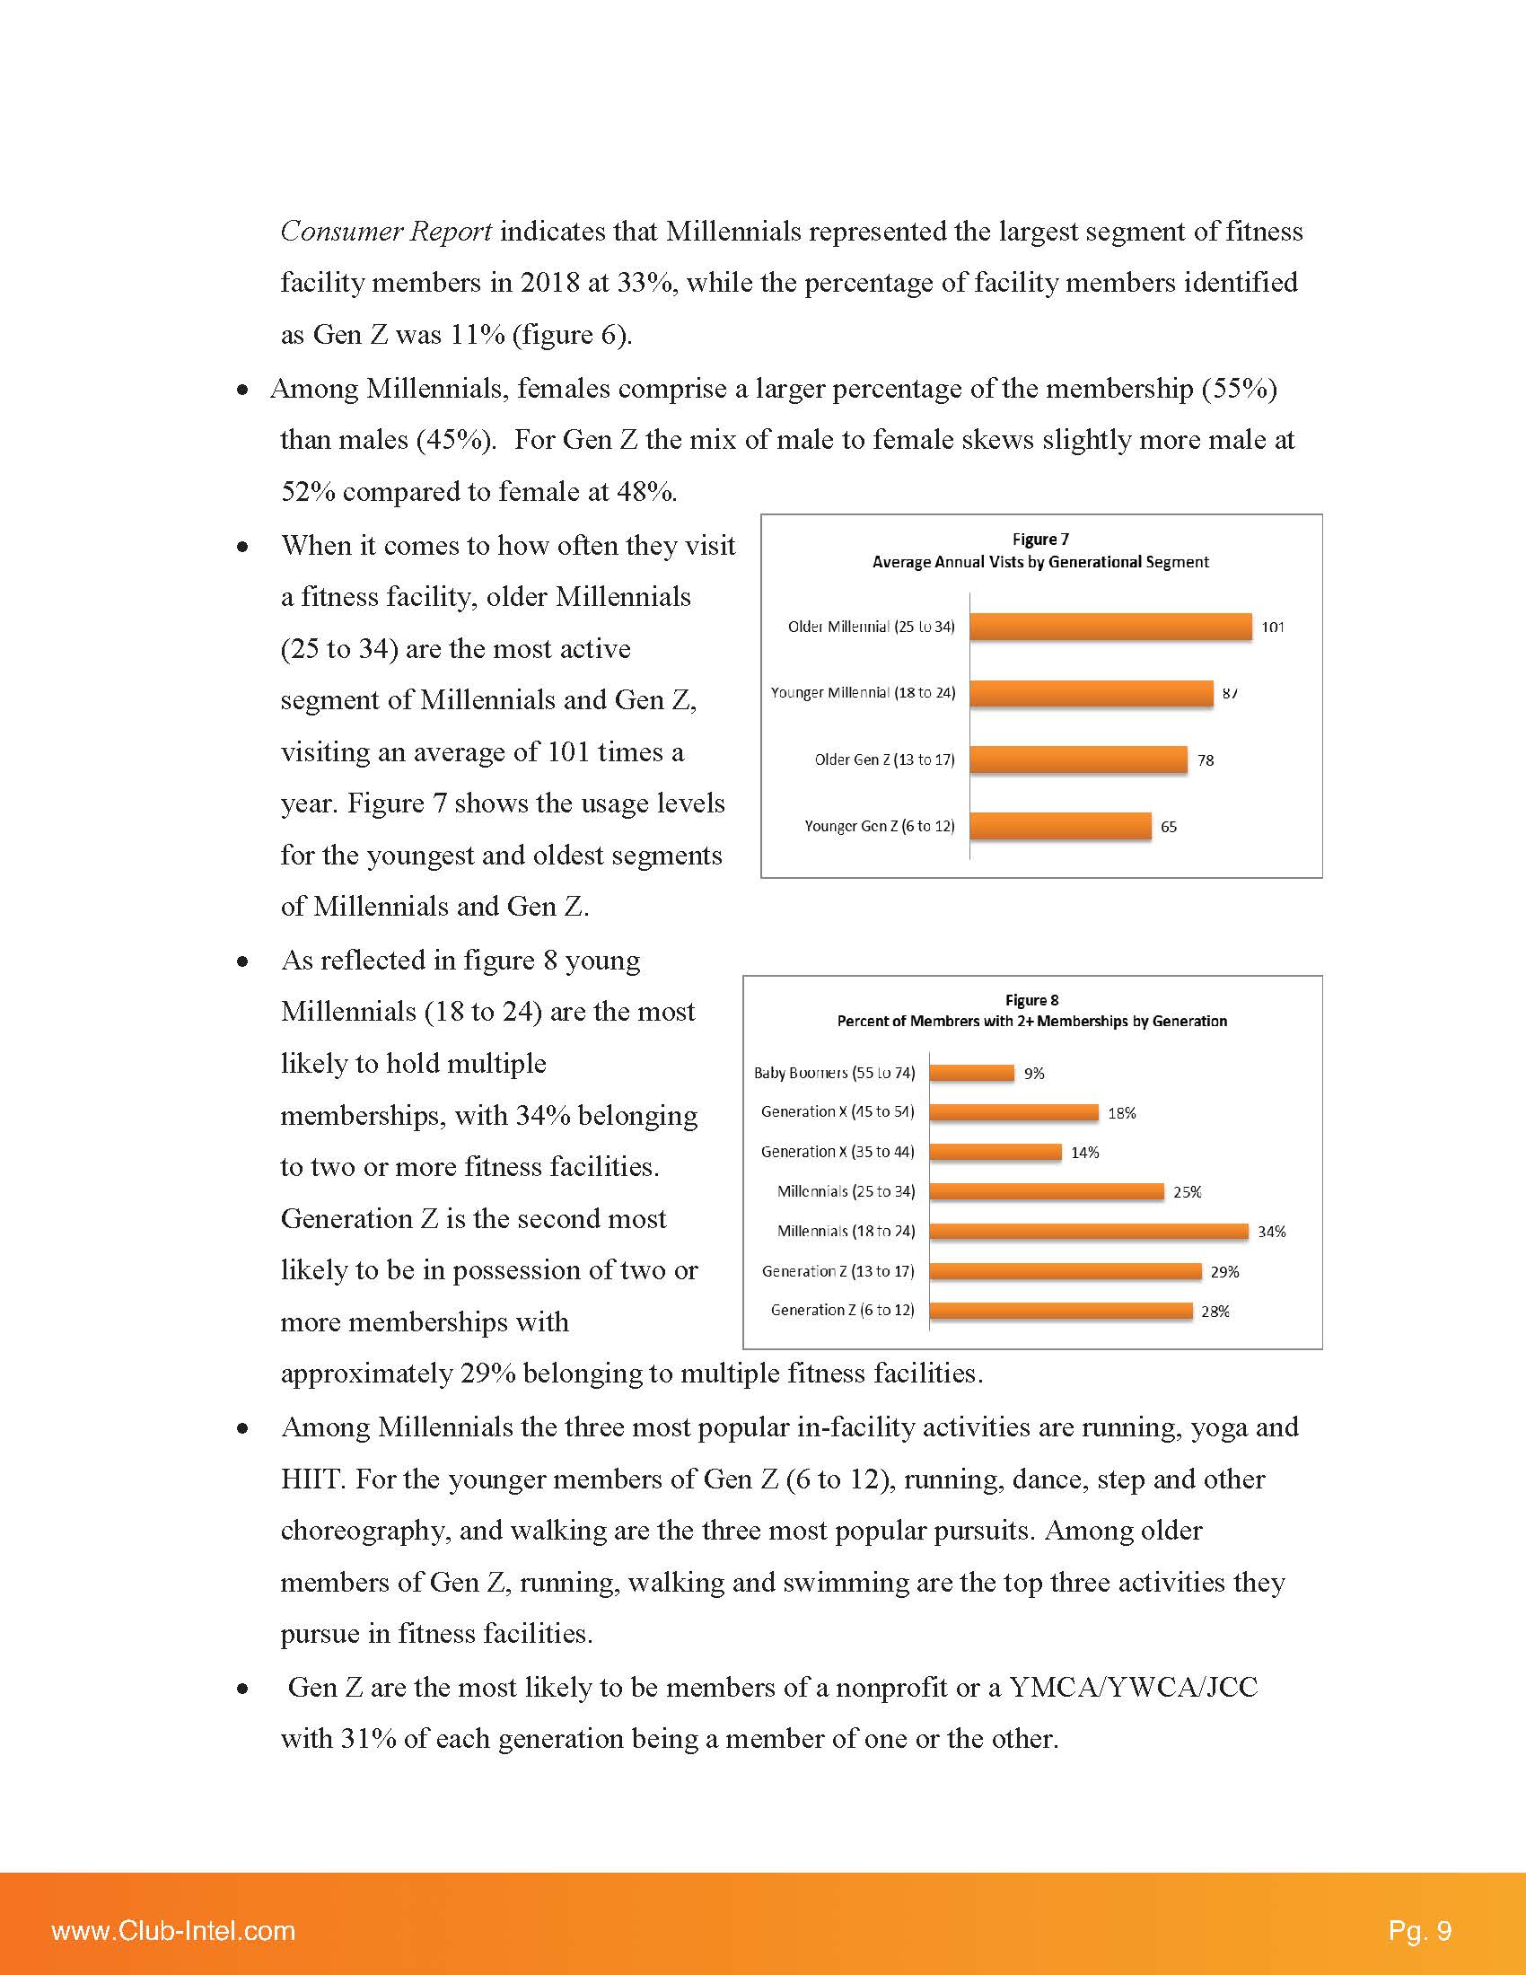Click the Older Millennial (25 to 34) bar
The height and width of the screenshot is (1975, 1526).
[1110, 627]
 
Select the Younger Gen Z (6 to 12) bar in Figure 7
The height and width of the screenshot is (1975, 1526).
[1060, 826]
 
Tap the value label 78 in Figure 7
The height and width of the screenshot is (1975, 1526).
[1205, 760]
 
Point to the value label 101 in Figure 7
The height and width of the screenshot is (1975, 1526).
[1273, 628]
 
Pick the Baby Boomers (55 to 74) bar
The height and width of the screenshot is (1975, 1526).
[972, 1073]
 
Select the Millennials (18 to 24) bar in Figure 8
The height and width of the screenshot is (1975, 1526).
[1089, 1231]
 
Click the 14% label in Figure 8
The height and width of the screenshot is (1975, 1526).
[1085, 1153]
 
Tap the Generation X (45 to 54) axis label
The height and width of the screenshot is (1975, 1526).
[838, 1111]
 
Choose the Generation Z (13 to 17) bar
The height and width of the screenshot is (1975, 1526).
[1065, 1270]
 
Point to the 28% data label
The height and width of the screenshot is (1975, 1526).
[1215, 1312]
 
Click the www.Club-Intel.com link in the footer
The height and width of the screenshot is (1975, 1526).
[173, 1931]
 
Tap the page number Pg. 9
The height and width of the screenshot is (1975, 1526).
[1419, 1931]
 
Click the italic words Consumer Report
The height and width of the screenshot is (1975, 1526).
[386, 232]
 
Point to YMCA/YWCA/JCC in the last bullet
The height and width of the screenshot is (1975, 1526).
[1133, 1688]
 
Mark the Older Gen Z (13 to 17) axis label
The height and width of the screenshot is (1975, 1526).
[884, 759]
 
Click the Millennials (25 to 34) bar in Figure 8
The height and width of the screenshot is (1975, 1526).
[1046, 1192]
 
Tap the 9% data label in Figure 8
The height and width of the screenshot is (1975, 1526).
[1034, 1074]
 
